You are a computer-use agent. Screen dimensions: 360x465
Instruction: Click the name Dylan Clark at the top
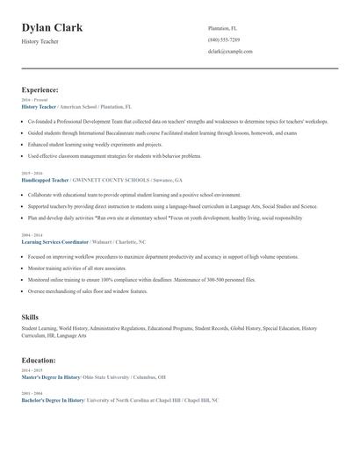pyautogui.click(x=53, y=28)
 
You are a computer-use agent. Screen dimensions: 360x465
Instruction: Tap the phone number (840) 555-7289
pyautogui.click(x=223, y=40)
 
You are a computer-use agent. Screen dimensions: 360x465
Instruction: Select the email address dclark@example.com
pyautogui.click(x=230, y=52)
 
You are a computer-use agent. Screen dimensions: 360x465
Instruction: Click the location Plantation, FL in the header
pyautogui.click(x=223, y=28)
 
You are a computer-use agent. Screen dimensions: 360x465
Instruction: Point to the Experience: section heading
pyautogui.click(x=40, y=89)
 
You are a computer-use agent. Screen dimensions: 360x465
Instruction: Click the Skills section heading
pyautogui.click(x=30, y=316)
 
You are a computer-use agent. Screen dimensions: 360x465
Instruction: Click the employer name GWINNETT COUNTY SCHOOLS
pyautogui.click(x=127, y=179)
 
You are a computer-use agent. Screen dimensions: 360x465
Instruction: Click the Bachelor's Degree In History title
pyautogui.click(x=53, y=399)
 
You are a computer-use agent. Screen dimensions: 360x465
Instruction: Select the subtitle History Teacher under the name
pyautogui.click(x=40, y=41)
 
